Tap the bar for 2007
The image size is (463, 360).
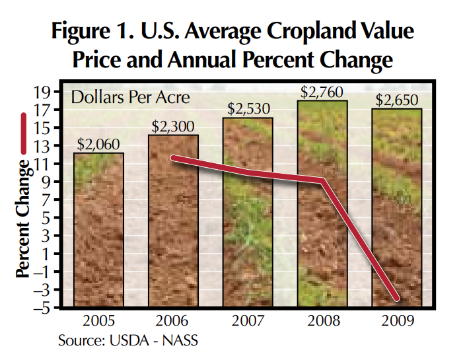249,212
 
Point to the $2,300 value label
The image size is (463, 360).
174,126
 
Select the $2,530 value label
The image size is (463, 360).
249,108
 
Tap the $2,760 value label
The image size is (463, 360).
324,91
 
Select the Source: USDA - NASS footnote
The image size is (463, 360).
127,341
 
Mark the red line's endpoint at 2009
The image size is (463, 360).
397,299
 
